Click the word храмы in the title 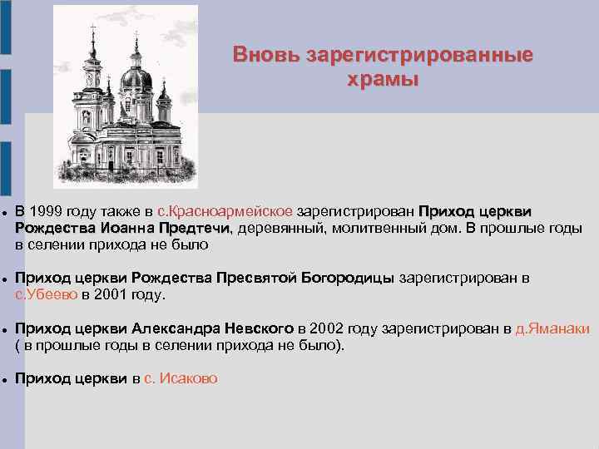click(383, 80)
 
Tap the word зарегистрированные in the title click(419, 56)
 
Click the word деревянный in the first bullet click(278, 228)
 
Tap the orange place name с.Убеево click(47, 294)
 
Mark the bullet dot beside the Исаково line click(4, 379)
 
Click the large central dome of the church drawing click(136, 80)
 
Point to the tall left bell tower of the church click(92, 83)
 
